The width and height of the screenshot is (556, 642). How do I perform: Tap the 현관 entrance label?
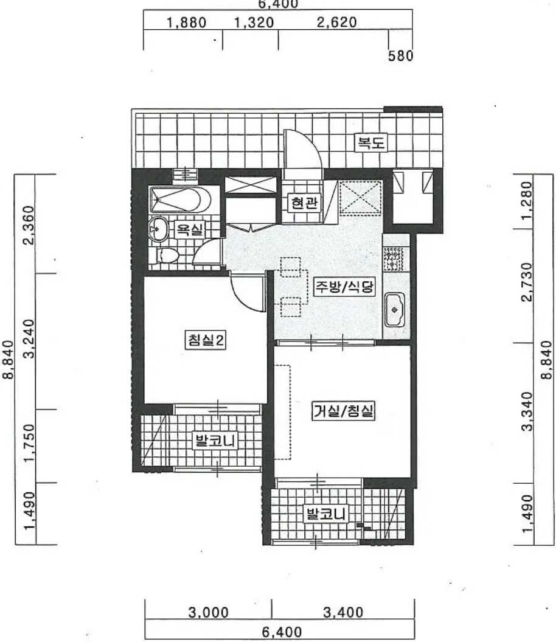[304, 202]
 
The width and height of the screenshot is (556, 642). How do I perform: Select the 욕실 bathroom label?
[190, 229]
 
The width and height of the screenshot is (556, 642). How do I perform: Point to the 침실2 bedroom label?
[205, 340]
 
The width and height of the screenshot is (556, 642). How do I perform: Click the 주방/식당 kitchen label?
[344, 287]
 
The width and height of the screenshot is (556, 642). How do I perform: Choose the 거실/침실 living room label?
[343, 411]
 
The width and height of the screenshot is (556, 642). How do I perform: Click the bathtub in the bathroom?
[180, 200]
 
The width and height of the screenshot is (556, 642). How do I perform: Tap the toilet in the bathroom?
[167, 256]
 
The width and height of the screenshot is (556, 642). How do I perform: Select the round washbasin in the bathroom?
[158, 228]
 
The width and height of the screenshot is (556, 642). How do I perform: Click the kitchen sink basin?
[394, 310]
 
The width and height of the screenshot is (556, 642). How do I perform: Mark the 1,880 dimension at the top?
[186, 23]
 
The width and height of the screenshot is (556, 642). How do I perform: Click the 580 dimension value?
[401, 56]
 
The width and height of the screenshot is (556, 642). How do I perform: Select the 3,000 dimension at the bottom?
[209, 613]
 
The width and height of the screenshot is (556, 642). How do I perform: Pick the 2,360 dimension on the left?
[29, 225]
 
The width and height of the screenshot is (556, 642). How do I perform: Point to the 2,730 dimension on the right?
[528, 282]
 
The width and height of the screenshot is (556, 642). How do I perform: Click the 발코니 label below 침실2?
[215, 441]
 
